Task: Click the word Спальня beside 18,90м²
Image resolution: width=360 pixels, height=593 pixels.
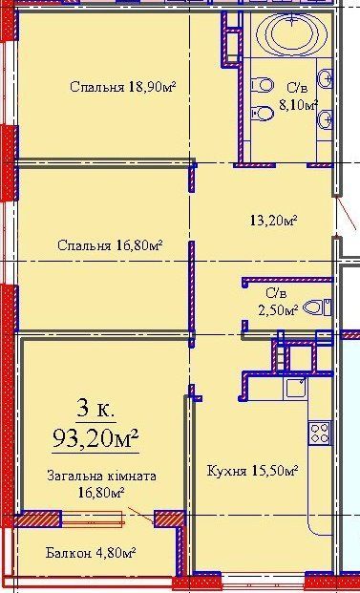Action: [x=96, y=87]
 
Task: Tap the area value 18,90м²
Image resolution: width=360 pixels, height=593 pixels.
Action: [x=152, y=87]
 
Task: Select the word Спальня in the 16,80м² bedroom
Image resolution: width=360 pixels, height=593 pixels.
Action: [x=84, y=245]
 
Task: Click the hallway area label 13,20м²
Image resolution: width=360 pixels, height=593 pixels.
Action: [x=273, y=220]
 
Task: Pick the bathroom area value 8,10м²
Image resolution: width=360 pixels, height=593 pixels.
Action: [x=298, y=104]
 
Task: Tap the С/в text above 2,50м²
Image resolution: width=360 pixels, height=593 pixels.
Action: [x=276, y=293]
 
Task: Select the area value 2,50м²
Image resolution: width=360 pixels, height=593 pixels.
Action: [x=278, y=310]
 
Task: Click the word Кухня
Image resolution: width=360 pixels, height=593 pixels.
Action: [x=227, y=471]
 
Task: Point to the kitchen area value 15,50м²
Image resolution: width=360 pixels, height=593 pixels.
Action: [x=275, y=471]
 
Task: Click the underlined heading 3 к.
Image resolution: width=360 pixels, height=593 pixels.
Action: [x=95, y=410]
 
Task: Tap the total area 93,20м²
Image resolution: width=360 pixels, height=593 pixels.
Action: [x=95, y=438]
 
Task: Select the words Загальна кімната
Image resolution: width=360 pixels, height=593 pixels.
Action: [x=101, y=476]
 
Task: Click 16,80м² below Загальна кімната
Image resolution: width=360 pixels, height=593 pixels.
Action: [x=101, y=493]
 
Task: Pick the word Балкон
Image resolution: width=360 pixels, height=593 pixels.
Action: [x=69, y=553]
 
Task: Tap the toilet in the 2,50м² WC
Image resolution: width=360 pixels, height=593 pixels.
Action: [x=317, y=307]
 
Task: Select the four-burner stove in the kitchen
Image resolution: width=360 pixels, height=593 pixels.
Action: [x=319, y=433]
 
